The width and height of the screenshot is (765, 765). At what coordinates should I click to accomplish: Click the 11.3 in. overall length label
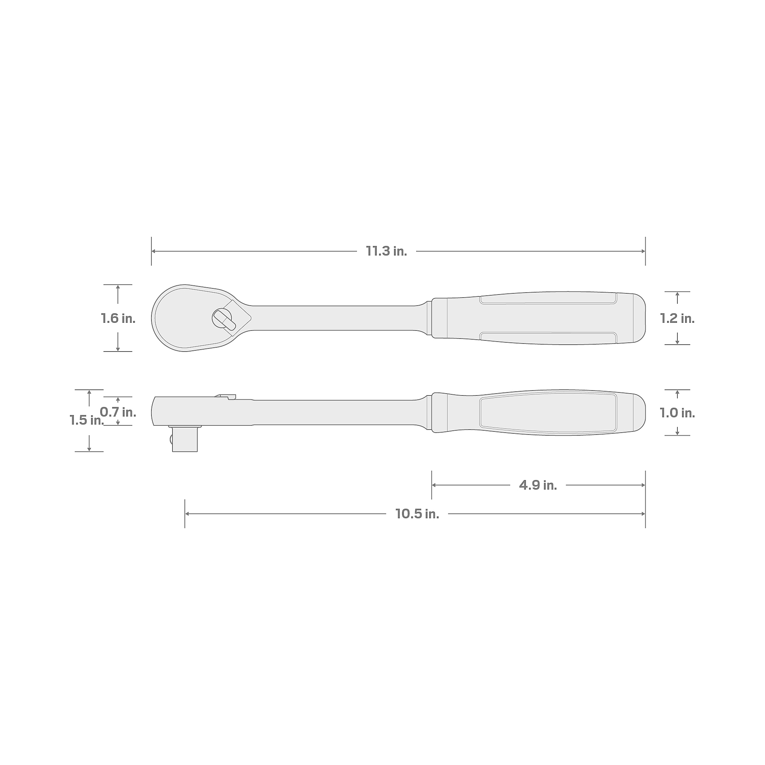tap(386, 251)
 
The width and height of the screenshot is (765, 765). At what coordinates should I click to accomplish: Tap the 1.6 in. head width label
tap(118, 318)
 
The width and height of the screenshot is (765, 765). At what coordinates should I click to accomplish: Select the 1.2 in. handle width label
tap(677, 318)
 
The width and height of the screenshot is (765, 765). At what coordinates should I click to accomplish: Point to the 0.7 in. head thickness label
tap(118, 412)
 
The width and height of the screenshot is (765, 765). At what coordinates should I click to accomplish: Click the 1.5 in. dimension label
tap(86, 420)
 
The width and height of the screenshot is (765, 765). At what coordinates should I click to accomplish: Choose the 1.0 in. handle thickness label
tap(677, 413)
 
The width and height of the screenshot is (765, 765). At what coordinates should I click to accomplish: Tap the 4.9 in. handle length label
tap(538, 485)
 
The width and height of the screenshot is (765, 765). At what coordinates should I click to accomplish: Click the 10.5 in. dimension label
tap(417, 514)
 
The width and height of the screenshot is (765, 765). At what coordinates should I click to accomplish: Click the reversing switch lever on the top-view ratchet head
tap(224, 319)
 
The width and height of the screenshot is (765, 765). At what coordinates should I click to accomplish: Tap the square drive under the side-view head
tap(184, 438)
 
